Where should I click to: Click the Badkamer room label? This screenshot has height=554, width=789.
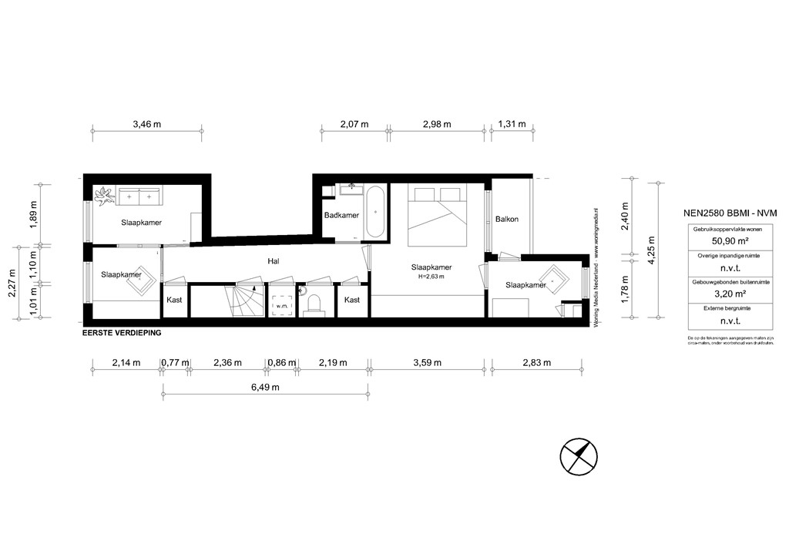[341, 216]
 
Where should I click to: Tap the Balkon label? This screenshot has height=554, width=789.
[507, 219]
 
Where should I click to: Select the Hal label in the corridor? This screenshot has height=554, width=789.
[273, 261]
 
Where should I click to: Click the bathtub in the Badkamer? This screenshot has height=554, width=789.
[375, 211]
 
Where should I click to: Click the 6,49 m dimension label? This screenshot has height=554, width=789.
[265, 387]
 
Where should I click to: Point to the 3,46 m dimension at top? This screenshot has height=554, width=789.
[147, 123]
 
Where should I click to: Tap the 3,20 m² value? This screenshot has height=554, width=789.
[710, 293]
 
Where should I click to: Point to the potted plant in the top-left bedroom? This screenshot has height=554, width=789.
[102, 196]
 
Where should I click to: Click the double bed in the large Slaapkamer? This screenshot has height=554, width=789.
[437, 209]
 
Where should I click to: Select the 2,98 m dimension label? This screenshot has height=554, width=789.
[436, 123]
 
